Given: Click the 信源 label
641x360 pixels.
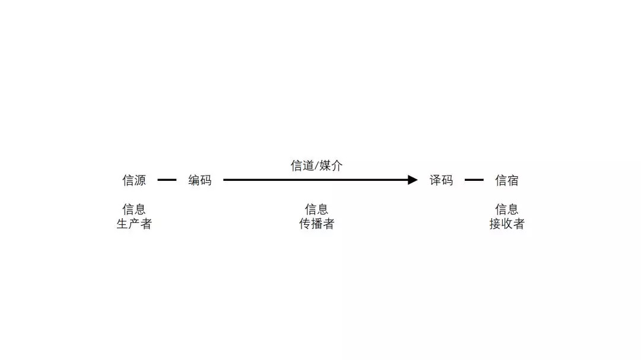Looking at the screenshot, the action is tap(134, 180).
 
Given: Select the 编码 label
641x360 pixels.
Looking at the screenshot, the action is tap(200, 180).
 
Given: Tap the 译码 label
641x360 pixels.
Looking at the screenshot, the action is tap(442, 180).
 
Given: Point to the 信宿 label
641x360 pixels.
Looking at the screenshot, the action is tap(507, 180).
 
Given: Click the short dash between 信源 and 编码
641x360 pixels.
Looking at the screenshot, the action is tap(167, 180).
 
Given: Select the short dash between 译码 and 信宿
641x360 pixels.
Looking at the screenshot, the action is tap(474, 180).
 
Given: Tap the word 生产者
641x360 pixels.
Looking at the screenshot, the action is tap(134, 224).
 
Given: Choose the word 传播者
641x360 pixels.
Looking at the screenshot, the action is tap(316, 224).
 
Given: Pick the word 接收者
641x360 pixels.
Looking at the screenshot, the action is tap(507, 224).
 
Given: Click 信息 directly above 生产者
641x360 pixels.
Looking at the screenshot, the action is tap(134, 209).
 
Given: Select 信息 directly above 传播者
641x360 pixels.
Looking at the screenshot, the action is tap(316, 209).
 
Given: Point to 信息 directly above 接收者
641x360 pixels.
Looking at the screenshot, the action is tap(507, 209).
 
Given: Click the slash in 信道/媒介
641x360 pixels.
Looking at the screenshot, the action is tap(316, 166).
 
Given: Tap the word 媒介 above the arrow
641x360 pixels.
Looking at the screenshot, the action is tap(331, 166).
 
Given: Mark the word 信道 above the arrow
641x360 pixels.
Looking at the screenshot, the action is tap(302, 166).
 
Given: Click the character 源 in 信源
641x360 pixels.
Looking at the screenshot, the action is tap(140, 180).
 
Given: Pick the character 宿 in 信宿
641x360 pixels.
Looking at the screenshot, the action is tap(513, 180).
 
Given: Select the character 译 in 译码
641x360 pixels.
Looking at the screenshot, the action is tap(436, 180).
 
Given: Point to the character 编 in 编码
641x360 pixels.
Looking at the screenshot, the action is tap(194, 180).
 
